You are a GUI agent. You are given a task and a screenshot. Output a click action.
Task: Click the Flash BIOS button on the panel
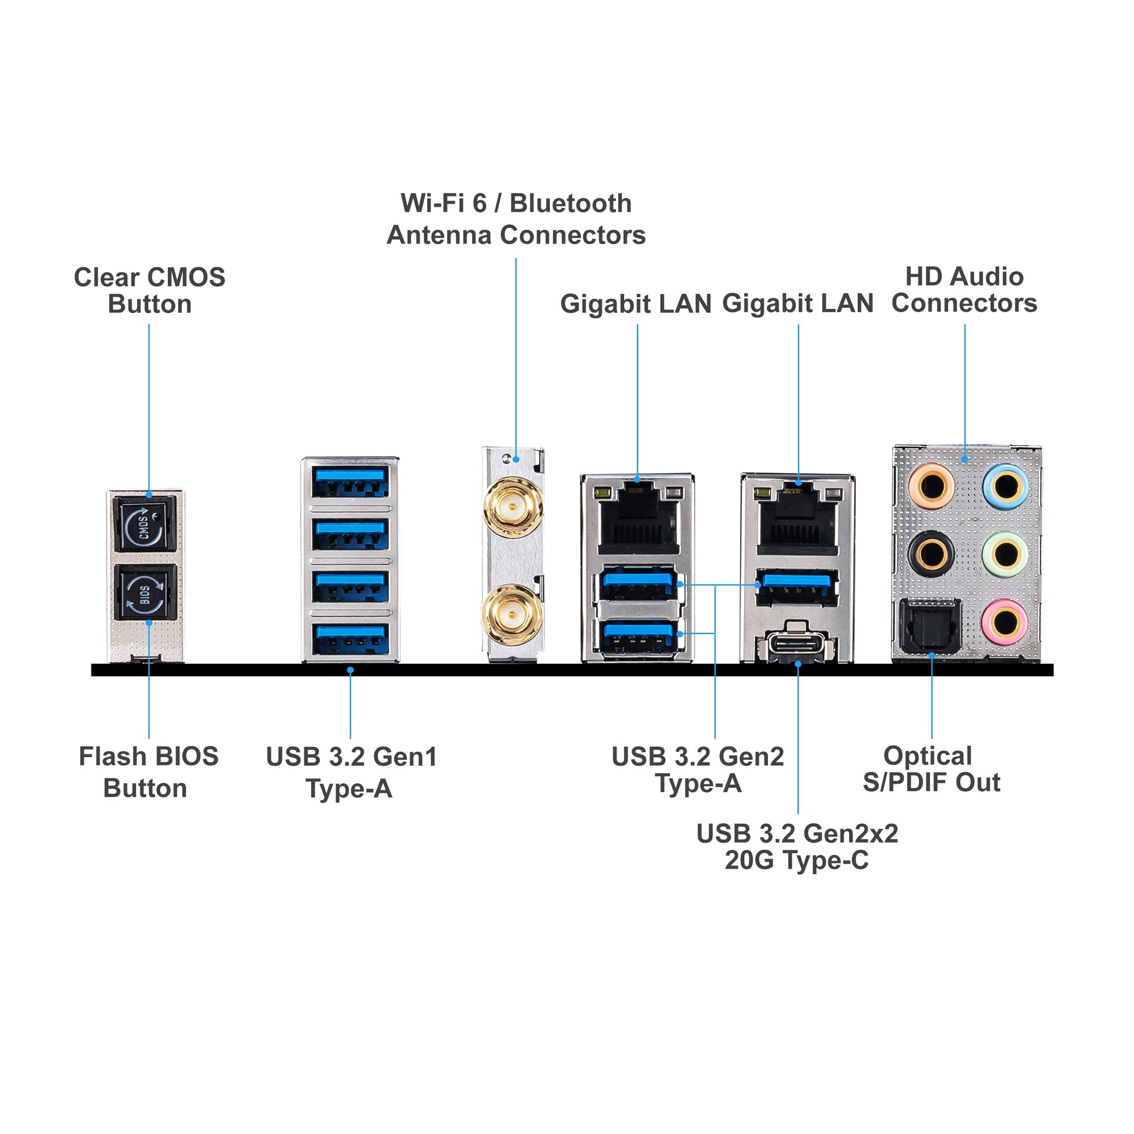(x=145, y=591)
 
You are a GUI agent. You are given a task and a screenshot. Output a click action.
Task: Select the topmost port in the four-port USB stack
(x=350, y=481)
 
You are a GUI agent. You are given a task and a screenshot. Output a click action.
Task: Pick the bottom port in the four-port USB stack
(x=350, y=639)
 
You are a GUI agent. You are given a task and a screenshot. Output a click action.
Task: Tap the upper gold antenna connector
(x=511, y=506)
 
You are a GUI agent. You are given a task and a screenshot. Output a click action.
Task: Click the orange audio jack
(x=931, y=486)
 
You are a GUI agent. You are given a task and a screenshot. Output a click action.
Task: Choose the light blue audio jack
(x=1006, y=486)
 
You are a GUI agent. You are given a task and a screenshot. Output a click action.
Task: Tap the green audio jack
(x=1006, y=554)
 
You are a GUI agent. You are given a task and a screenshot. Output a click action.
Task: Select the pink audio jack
(x=1006, y=621)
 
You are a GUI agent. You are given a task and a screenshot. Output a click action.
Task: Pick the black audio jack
(x=931, y=554)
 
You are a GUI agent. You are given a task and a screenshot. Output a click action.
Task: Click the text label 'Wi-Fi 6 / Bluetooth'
(x=516, y=203)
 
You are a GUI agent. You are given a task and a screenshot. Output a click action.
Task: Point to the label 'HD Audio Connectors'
(x=964, y=290)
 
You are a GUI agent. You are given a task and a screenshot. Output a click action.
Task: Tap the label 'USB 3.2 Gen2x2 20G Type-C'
(x=797, y=847)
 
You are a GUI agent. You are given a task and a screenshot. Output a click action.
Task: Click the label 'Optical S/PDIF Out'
(x=931, y=769)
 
